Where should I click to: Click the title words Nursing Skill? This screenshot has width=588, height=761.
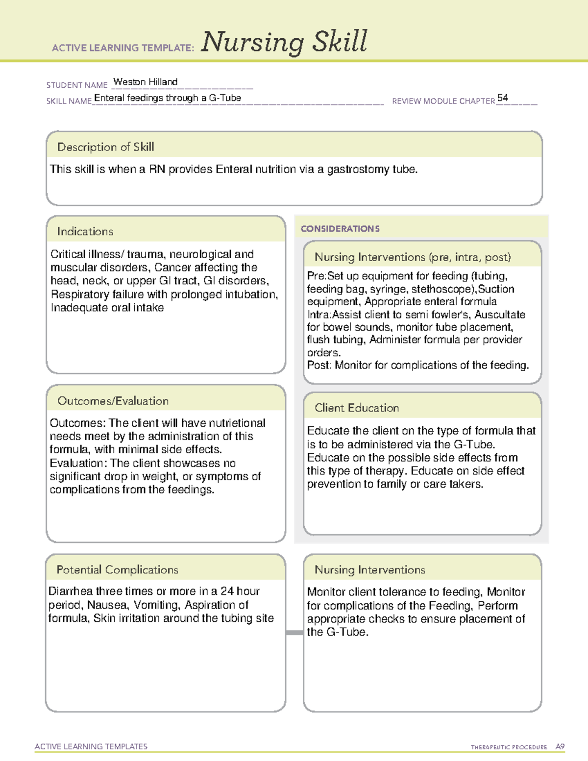(x=284, y=42)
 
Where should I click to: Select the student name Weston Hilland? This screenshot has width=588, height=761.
(x=145, y=82)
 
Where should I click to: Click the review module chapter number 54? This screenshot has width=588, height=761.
(x=502, y=98)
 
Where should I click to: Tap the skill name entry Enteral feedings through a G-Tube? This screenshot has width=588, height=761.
(x=168, y=98)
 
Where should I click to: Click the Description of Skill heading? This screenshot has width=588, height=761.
(x=105, y=147)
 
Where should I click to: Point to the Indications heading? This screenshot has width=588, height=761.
(x=85, y=231)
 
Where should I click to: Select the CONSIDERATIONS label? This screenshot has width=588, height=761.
(x=340, y=229)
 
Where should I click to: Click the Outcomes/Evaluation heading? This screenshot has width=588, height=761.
(x=113, y=401)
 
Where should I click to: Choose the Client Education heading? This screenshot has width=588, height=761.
(x=357, y=408)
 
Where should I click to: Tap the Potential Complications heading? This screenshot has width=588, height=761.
(x=117, y=570)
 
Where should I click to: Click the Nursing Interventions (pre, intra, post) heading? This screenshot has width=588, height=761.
(x=413, y=257)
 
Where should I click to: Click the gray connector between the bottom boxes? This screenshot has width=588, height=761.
(x=294, y=633)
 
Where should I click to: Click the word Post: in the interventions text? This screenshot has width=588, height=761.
(x=319, y=366)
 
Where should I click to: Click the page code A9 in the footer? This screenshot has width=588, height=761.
(x=560, y=747)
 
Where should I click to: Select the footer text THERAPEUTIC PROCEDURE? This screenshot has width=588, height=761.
(x=509, y=747)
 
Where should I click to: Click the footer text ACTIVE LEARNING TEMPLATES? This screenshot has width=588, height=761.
(x=91, y=746)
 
